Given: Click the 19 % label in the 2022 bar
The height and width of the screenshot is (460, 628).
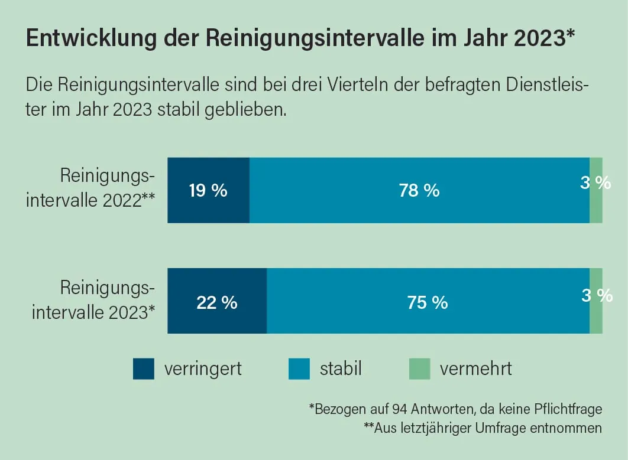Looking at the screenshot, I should [208, 191].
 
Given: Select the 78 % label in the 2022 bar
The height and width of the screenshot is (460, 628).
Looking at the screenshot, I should [419, 191].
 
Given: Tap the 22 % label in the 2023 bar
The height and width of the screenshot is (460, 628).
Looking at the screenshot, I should [216, 302].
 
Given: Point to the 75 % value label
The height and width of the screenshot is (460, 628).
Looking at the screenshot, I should [428, 302].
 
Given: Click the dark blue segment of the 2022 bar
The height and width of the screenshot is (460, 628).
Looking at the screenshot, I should [208, 207].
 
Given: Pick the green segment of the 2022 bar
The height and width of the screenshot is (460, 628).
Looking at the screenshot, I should [596, 207].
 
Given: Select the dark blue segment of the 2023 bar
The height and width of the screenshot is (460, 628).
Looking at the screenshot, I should [217, 319].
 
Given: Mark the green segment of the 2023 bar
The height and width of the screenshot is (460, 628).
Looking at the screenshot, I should [596, 319].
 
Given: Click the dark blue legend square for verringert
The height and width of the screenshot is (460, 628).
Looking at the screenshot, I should [144, 369].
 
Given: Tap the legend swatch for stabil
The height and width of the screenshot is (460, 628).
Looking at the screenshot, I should [299, 369].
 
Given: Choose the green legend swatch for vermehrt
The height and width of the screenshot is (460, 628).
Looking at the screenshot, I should [419, 369].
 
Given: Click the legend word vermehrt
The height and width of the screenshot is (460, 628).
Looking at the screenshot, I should [475, 369].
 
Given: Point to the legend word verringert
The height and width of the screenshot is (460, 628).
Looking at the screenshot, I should [203, 369].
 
